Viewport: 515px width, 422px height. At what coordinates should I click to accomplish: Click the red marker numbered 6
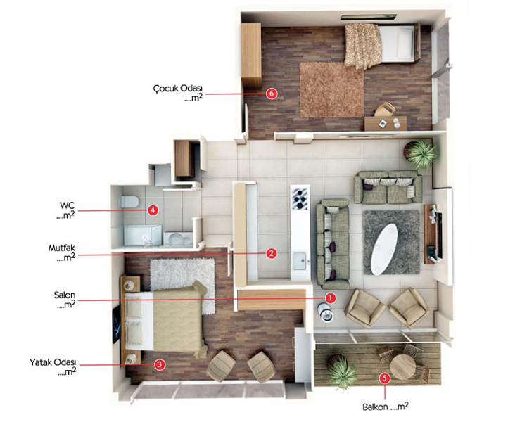tap(272, 94)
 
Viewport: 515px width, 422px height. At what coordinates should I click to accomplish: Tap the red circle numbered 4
tap(153, 210)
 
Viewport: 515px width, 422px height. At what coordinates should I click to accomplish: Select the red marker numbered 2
tap(272, 253)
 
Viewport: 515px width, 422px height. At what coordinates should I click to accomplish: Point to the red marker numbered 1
tap(331, 298)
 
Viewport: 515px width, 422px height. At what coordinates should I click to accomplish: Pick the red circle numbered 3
tap(160, 364)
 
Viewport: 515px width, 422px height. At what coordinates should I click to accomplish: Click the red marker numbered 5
tap(385, 378)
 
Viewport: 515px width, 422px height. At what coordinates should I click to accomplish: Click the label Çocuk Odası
tap(178, 89)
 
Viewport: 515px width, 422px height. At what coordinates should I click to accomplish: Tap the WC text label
tap(67, 205)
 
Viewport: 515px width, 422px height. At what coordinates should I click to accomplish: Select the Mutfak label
tap(61, 248)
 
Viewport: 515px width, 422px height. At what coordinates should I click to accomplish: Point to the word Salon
tap(65, 295)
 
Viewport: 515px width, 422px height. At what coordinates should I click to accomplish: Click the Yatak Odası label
tap(53, 362)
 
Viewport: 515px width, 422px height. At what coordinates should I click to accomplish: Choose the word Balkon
tap(375, 407)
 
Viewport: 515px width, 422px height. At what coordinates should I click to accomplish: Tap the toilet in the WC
tap(129, 202)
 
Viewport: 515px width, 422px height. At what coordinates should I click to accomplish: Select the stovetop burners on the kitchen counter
tap(300, 198)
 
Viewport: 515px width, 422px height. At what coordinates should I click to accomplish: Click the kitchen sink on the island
tap(300, 261)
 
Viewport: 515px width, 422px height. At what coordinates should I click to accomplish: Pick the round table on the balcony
tap(403, 366)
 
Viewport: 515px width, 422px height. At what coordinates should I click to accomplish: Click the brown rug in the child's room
tap(332, 89)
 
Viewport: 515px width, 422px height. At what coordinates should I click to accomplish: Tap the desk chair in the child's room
tap(385, 109)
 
